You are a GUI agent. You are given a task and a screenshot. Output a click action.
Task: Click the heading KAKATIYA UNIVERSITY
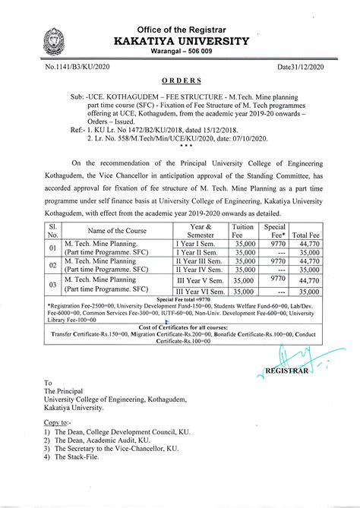179,40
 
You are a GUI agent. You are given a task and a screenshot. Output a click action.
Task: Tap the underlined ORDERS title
181,79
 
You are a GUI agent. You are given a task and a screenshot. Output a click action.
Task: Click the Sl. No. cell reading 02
52,265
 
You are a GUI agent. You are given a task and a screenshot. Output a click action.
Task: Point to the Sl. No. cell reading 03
52,285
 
